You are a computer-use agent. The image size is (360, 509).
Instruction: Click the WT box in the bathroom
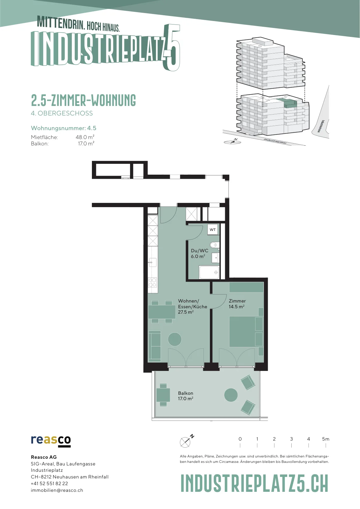[x=212, y=229]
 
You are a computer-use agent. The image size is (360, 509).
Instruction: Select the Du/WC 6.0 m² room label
[x=199, y=253]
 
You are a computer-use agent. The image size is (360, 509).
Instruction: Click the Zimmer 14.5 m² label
[x=237, y=303]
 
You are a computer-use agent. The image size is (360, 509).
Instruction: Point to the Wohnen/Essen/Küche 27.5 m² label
[x=193, y=306]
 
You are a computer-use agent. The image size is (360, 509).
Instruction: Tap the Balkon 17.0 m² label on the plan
[x=185, y=396]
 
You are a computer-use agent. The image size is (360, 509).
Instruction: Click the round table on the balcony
[x=231, y=395]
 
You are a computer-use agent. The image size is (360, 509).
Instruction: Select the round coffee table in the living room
[x=175, y=339]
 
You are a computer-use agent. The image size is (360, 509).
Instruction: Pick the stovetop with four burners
[x=152, y=282]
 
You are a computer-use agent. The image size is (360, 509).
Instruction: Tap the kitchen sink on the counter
[x=152, y=262]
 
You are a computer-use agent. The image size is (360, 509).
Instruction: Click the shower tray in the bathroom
[x=209, y=272]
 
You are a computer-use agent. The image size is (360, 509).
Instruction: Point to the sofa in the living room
[x=155, y=346]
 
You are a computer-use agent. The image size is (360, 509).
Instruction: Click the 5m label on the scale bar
[x=325, y=439]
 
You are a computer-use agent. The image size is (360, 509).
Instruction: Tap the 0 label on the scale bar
[x=240, y=439]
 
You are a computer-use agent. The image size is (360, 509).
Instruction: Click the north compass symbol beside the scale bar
[x=187, y=441]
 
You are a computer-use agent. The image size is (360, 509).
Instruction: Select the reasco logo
[x=51, y=442]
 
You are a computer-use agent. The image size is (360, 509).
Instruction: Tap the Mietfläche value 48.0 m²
[x=85, y=137]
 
